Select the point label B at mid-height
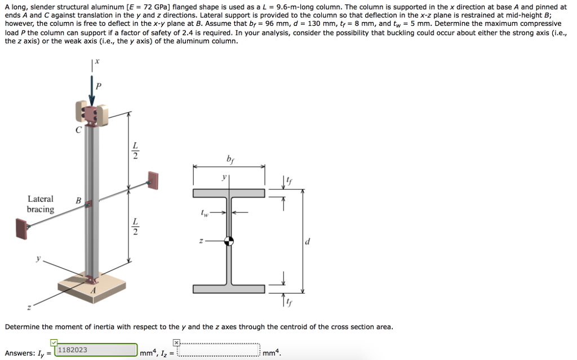pos(78,200)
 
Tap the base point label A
pos(94,290)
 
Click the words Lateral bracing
pos(41,204)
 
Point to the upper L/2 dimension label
pos(135,151)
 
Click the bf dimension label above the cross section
pos(229,159)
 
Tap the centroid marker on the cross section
pos(229,241)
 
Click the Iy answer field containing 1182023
pos(96,350)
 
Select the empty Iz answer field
pos(219,351)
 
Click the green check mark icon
pos(54,342)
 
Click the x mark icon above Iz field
pos(176,342)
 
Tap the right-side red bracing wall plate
pos(152,181)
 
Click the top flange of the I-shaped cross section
pos(229,193)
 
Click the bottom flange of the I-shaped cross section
pos(229,289)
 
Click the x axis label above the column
pos(96,61)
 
